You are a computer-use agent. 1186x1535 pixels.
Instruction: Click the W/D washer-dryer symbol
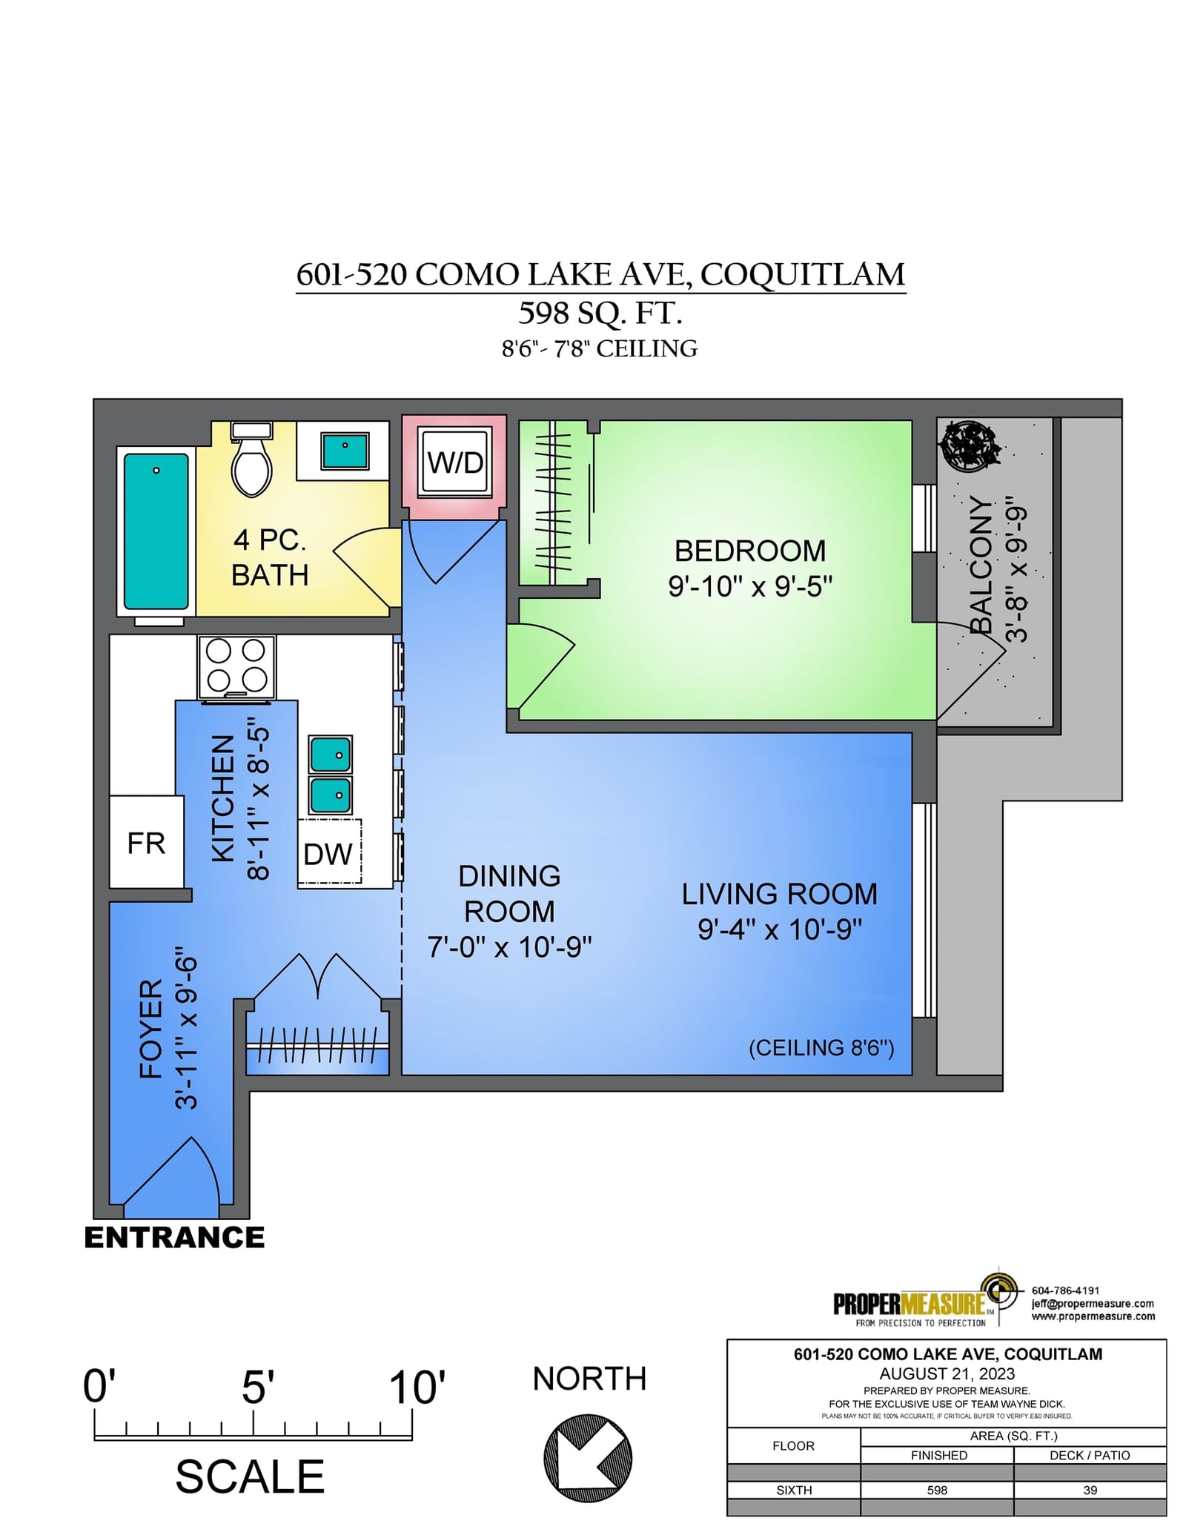tap(454, 462)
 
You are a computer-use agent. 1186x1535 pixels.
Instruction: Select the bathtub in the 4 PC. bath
tap(156, 531)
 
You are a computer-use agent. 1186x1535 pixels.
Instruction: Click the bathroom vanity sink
tap(345, 451)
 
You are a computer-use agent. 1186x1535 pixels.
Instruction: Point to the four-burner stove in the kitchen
tap(236, 666)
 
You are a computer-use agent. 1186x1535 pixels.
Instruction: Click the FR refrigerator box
tap(146, 842)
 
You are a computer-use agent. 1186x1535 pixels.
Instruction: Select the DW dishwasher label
tap(328, 854)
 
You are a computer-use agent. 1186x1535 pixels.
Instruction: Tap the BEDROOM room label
tap(749, 551)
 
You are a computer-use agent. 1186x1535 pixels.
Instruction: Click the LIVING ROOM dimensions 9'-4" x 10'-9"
tap(780, 929)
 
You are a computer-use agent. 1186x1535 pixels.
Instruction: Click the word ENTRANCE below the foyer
tap(174, 1237)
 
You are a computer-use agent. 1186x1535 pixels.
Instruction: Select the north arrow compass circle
tap(588, 1456)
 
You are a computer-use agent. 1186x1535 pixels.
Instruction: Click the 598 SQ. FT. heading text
tap(600, 313)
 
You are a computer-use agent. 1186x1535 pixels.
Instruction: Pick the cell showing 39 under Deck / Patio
tap(1090, 1490)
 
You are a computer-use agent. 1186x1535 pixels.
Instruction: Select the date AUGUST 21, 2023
tap(947, 1373)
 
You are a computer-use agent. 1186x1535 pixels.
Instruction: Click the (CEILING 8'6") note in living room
tap(821, 1047)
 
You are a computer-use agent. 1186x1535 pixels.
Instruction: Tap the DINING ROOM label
tap(510, 893)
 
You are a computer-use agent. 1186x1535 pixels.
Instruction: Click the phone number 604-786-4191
tap(1065, 1290)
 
